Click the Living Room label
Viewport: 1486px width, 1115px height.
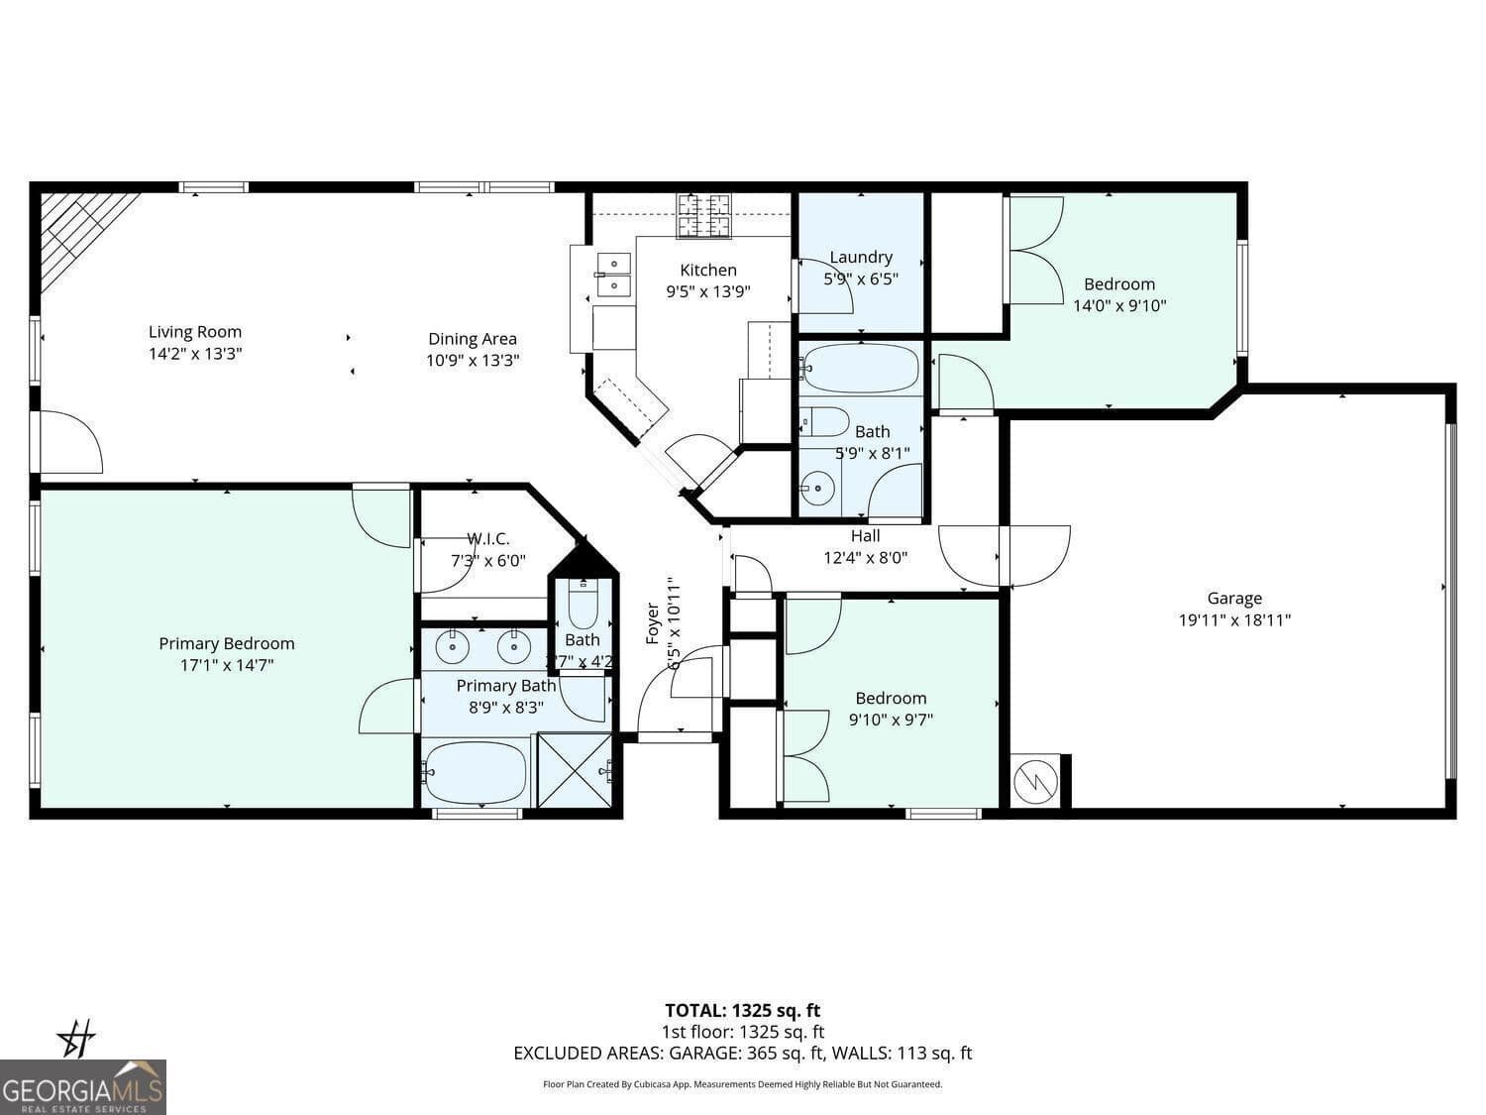point(195,332)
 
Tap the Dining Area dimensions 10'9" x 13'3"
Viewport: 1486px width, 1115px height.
point(473,361)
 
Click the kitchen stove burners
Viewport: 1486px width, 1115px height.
point(704,215)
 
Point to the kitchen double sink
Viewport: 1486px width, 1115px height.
point(613,275)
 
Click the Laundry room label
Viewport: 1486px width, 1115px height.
point(861,257)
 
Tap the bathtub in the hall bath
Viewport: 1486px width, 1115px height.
point(861,369)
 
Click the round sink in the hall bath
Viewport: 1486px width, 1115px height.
point(817,488)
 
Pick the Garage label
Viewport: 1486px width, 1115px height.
point(1234,598)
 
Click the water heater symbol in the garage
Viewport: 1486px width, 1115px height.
point(1035,782)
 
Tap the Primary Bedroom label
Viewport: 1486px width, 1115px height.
point(227,643)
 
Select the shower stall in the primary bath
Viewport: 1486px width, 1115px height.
point(574,770)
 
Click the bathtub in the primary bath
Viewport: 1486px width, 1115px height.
point(476,772)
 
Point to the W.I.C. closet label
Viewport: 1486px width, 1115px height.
point(487,538)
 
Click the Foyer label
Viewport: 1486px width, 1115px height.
point(653,622)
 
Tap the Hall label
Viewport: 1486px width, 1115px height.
point(865,535)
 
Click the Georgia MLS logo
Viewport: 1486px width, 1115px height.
point(83,1087)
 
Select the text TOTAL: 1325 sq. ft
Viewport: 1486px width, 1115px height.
point(742,1010)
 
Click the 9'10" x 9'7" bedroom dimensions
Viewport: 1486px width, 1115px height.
point(891,720)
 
